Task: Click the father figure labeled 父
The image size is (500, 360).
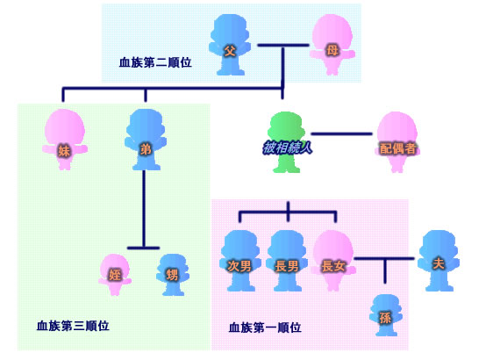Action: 230,45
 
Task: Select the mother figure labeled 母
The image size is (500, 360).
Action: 332,45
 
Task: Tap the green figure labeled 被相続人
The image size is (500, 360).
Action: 286,142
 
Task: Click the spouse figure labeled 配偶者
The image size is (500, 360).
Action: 397,142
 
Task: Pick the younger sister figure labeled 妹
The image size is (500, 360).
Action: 65,140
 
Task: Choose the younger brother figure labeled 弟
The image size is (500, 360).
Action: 146,140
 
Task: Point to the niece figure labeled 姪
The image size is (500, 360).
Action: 115,275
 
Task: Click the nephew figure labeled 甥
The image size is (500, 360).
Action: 173,275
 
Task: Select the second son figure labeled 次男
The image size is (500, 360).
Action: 240,261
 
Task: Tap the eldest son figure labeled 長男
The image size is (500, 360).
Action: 287,261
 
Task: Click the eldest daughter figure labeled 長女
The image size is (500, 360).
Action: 333,261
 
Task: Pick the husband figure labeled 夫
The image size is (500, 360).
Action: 439,261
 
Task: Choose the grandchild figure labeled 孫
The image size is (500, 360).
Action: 385,315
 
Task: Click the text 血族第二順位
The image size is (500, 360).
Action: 155,62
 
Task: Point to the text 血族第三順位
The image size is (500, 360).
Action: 73,326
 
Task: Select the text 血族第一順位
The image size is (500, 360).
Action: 265,328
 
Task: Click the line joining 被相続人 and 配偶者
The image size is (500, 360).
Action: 341,133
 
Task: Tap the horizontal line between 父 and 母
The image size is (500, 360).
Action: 283,46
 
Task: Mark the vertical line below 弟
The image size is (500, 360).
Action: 144,209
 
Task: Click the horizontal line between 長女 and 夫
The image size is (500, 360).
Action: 384,258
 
